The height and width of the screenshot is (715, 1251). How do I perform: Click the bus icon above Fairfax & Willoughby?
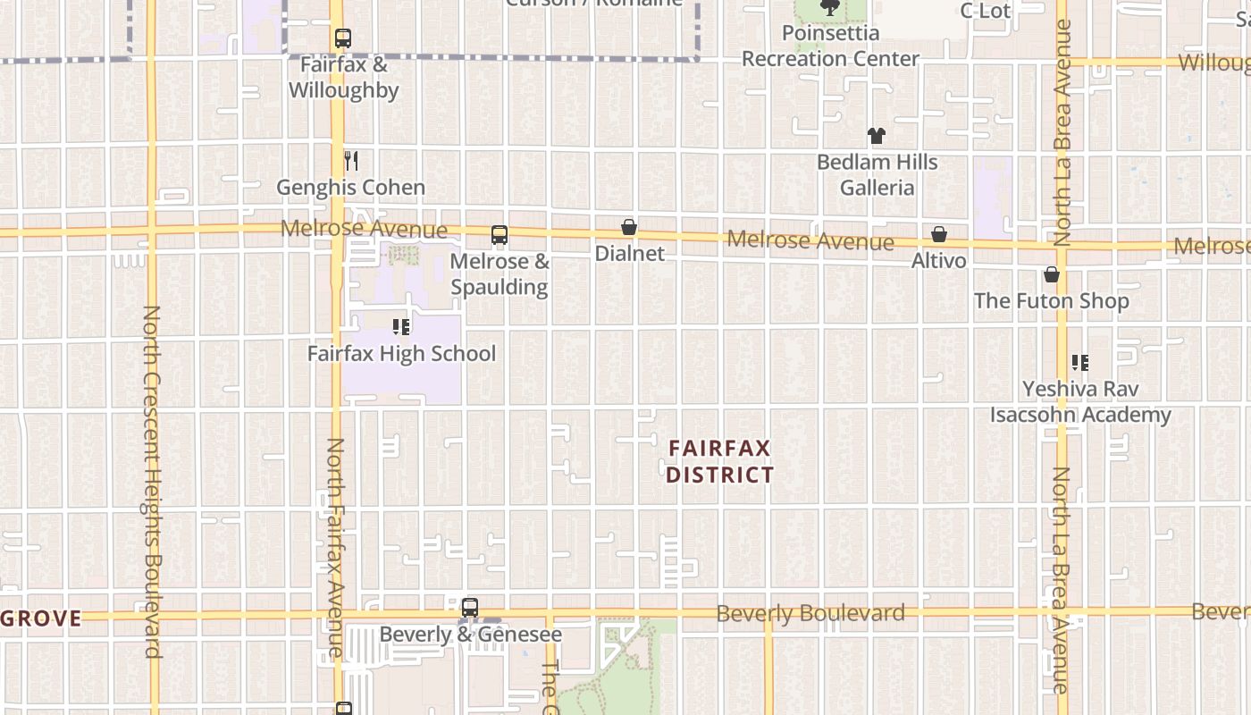[x=343, y=38]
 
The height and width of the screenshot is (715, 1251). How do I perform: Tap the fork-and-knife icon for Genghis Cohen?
[x=351, y=161]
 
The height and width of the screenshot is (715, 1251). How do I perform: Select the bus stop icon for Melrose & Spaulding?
[x=500, y=235]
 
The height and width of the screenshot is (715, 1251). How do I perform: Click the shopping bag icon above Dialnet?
[x=629, y=227]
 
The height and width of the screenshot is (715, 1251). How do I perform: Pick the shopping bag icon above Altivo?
[x=939, y=234]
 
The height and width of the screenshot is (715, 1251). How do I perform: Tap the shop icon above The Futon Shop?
[x=1052, y=274]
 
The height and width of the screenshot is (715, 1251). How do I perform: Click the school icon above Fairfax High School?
[x=401, y=327]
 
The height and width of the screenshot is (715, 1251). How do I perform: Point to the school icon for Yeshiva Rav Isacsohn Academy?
[x=1080, y=363]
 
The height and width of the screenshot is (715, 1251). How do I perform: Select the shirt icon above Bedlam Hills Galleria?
[x=877, y=136]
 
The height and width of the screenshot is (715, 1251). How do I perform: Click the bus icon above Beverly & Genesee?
[x=470, y=608]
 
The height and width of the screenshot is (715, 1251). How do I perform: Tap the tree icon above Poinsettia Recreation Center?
[x=830, y=8]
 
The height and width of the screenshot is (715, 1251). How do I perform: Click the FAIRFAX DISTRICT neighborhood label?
[x=719, y=461]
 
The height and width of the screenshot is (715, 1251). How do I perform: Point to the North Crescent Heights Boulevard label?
[x=151, y=482]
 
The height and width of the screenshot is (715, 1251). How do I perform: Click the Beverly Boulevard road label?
[x=810, y=613]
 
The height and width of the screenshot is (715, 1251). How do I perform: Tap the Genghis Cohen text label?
[x=350, y=188]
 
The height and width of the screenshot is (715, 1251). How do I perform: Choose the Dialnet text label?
[x=630, y=254]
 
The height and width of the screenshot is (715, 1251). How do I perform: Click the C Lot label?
[x=985, y=11]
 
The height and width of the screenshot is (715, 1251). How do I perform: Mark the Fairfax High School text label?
[x=401, y=354]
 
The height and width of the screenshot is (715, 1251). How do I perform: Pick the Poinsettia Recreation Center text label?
[x=830, y=46]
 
